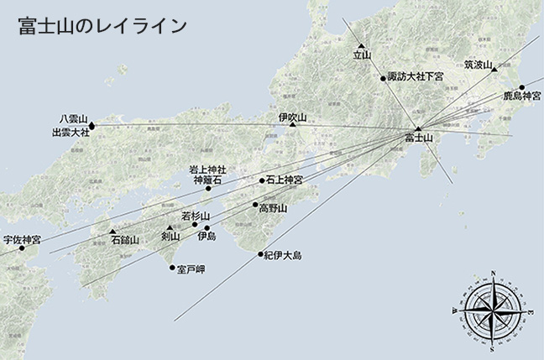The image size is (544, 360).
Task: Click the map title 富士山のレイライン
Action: point(102,25)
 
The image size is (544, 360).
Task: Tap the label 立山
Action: point(362,56)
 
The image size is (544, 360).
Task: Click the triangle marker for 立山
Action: point(361,45)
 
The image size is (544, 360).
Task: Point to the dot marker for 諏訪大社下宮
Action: point(383,78)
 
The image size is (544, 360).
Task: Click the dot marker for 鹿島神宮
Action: point(521,87)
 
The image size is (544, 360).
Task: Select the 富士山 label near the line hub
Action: point(418,137)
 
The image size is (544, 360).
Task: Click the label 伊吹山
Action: point(293,117)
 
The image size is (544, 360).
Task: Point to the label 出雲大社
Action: point(71,133)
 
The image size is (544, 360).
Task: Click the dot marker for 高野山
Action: point(255,204)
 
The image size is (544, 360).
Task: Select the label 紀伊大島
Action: point(282,254)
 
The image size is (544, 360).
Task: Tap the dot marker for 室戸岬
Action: point(173,269)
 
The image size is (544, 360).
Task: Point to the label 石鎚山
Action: point(124,240)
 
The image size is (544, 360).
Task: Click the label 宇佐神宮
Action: point(22,239)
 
